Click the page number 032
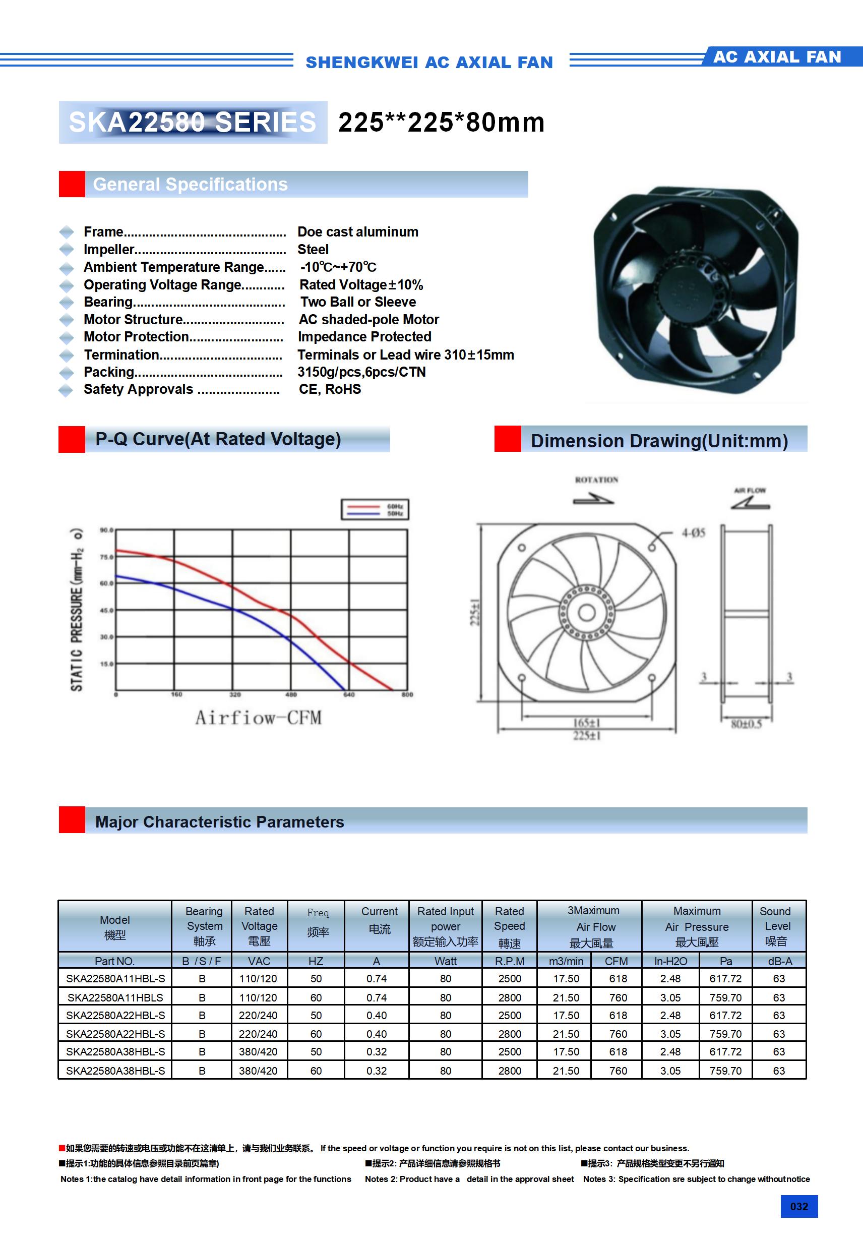click(x=798, y=1206)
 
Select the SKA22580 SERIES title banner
click(x=193, y=122)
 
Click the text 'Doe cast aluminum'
click(x=358, y=232)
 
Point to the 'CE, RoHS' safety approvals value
click(x=330, y=389)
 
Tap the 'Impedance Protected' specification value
click(x=364, y=337)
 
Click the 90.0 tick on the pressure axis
click(x=106, y=530)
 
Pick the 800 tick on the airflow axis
click(x=407, y=694)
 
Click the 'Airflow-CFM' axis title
click(x=258, y=718)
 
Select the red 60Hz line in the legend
click(x=363, y=506)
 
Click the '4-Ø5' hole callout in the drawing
click(x=693, y=533)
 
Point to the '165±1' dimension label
click(x=586, y=723)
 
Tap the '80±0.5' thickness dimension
click(x=746, y=724)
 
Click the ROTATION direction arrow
click(x=593, y=500)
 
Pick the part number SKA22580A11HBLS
click(x=115, y=997)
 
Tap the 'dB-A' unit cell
click(x=779, y=961)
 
